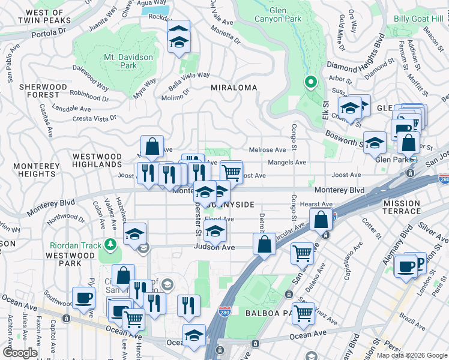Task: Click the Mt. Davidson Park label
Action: pos(128,61)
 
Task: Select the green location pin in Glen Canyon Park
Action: pos(310,82)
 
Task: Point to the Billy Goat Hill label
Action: pos(418,19)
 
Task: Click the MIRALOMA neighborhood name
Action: pos(234,88)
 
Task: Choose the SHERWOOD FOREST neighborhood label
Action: pos(43,91)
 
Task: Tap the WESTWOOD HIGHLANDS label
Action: pos(97,160)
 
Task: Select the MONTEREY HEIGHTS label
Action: pos(28,169)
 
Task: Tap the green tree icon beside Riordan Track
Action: pos(110,244)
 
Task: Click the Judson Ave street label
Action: pos(212,247)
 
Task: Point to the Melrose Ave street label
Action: pos(268,150)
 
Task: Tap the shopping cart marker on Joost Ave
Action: pos(231,172)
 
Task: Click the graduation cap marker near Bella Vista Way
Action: pos(178,37)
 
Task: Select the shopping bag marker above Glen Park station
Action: pos(408,143)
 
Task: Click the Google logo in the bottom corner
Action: pos(20,353)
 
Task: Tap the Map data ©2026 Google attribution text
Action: pos(412,355)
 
